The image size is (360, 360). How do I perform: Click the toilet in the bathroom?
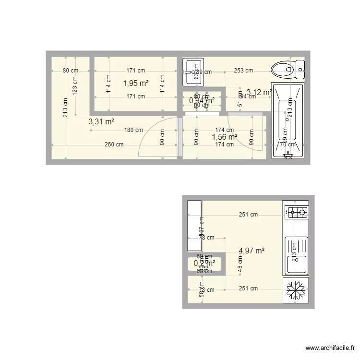coord(287,70)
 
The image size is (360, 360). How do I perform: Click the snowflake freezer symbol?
coord(296,290)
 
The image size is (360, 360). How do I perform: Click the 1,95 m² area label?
coord(136,83)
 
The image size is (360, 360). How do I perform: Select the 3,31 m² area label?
coord(101,122)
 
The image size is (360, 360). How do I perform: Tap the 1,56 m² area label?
coord(225,137)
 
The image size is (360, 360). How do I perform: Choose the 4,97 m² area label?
coord(252,251)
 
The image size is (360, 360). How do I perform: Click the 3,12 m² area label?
coord(259,92)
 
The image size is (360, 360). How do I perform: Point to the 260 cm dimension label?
coord(113,144)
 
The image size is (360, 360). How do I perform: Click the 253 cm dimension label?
coord(243,71)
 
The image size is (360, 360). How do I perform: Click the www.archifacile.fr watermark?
coord(331,348)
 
